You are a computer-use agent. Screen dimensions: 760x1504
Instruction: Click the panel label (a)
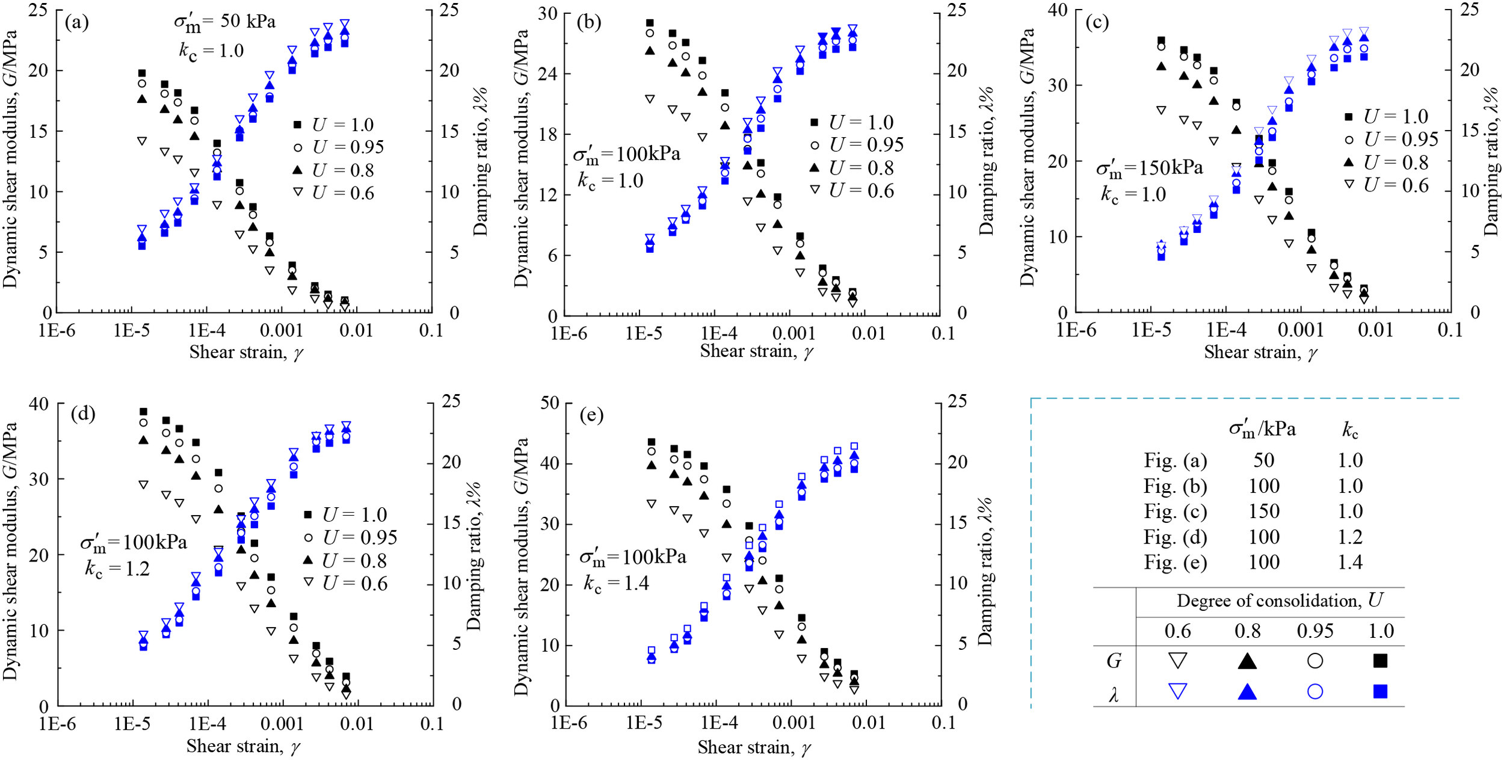coord(77,22)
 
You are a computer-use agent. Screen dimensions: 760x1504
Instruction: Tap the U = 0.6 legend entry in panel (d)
coord(355,583)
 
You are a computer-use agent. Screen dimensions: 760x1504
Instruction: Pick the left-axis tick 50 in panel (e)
coord(550,403)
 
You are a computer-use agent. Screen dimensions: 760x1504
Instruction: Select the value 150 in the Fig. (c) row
coord(1263,511)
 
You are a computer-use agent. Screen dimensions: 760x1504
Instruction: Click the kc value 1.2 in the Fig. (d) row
coord(1350,537)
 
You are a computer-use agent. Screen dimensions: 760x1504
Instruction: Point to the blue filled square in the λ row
coord(1380,691)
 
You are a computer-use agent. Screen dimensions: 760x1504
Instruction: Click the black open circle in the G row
coord(1315,661)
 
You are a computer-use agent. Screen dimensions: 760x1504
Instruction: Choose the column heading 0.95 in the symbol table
coord(1315,631)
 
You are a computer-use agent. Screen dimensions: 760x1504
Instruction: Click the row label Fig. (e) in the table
coord(1175,563)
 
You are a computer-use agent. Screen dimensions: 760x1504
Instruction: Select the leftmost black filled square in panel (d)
coord(143,412)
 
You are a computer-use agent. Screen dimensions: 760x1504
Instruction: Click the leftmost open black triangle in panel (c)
coord(1161,110)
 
